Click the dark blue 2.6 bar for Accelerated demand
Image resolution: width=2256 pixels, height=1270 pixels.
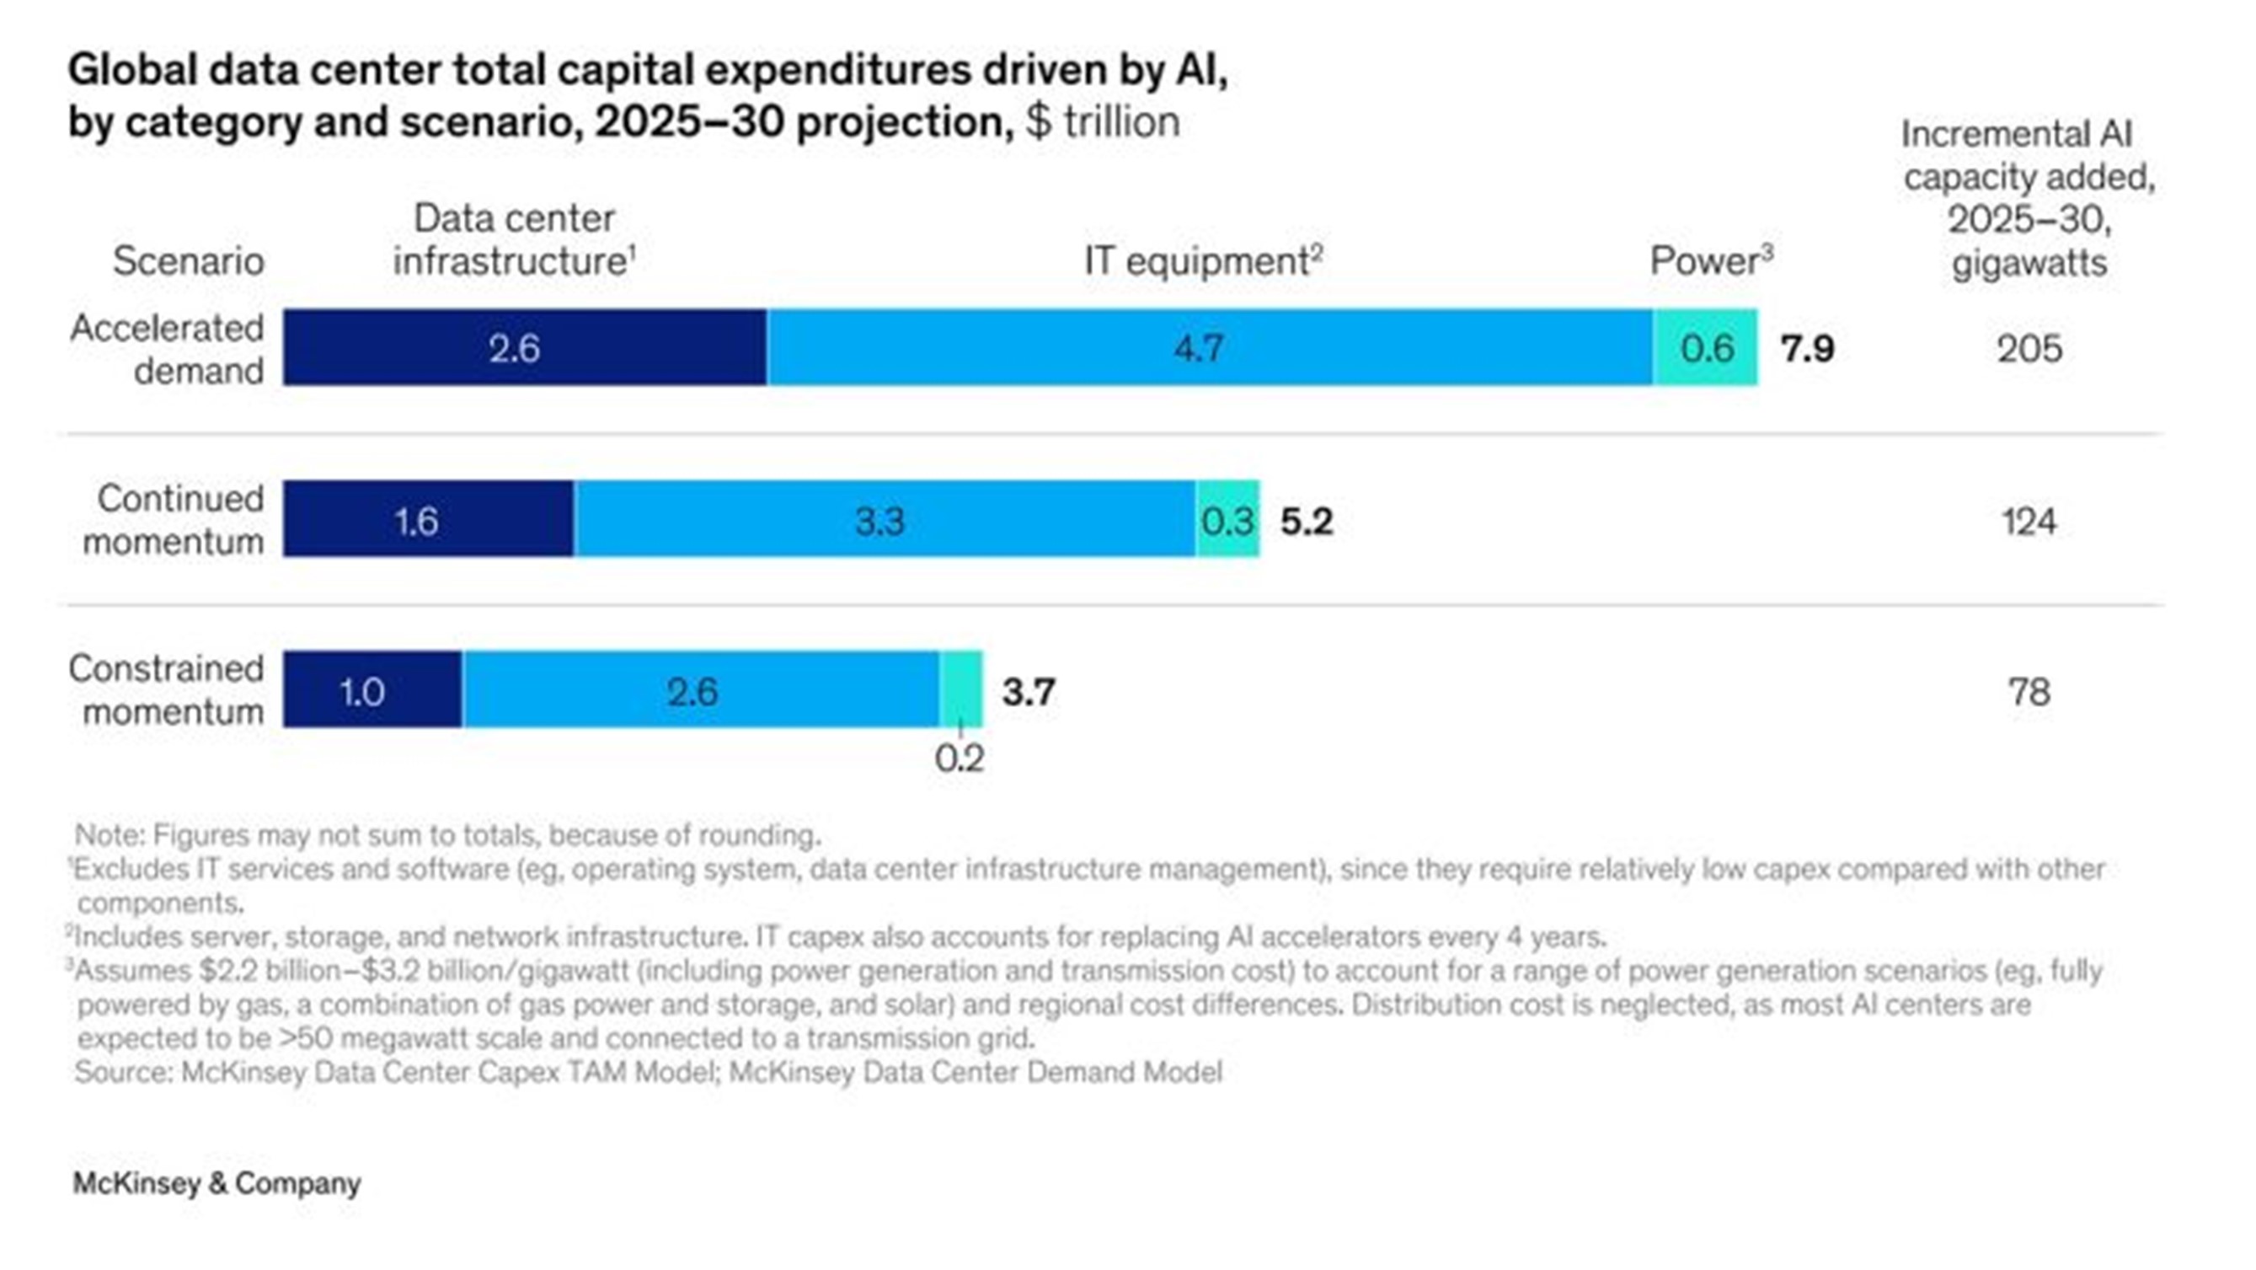click(524, 348)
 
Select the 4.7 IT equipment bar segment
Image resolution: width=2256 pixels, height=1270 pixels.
click(1209, 348)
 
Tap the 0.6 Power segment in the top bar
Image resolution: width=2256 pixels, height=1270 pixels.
click(1705, 348)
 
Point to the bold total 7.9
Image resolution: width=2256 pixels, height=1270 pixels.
click(1807, 349)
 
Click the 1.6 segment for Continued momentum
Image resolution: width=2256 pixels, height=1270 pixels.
click(428, 519)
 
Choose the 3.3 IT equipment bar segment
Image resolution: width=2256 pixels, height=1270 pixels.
click(885, 519)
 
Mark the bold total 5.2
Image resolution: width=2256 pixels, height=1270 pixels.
click(1306, 521)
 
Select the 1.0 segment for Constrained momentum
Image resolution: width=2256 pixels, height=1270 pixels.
click(372, 690)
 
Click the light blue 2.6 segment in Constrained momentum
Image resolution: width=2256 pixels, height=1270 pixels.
click(701, 690)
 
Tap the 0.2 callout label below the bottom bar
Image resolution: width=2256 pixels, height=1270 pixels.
click(959, 758)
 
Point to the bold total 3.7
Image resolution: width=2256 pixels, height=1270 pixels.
click(1028, 692)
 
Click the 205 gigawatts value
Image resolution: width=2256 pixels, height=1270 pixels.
click(2029, 350)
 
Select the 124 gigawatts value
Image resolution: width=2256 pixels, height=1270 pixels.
click(2029, 522)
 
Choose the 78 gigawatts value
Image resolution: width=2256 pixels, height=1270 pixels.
click(2029, 692)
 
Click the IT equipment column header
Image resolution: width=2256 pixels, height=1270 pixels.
click(1202, 261)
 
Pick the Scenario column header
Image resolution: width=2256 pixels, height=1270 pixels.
click(189, 261)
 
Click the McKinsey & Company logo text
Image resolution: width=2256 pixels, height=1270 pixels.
click(217, 1183)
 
